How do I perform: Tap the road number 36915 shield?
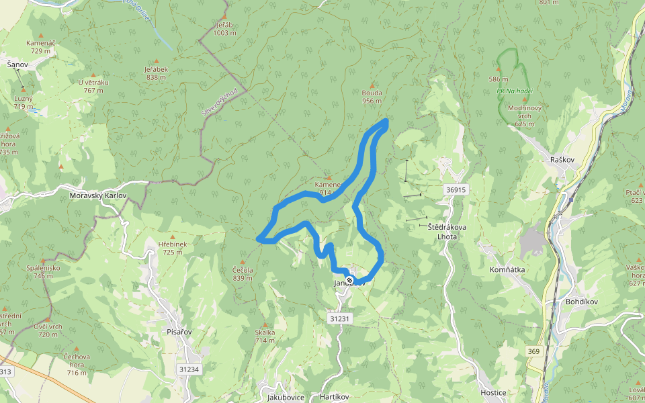[456, 190]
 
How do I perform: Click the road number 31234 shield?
[189, 369]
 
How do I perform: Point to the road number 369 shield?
[533, 351]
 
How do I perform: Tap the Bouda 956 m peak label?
[372, 97]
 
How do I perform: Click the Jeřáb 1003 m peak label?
[224, 29]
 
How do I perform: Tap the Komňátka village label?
[507, 269]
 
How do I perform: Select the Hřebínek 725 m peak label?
[172, 248]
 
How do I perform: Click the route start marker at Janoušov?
[349, 279]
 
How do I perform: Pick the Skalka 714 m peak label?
[265, 336]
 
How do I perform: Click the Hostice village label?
[493, 392]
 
